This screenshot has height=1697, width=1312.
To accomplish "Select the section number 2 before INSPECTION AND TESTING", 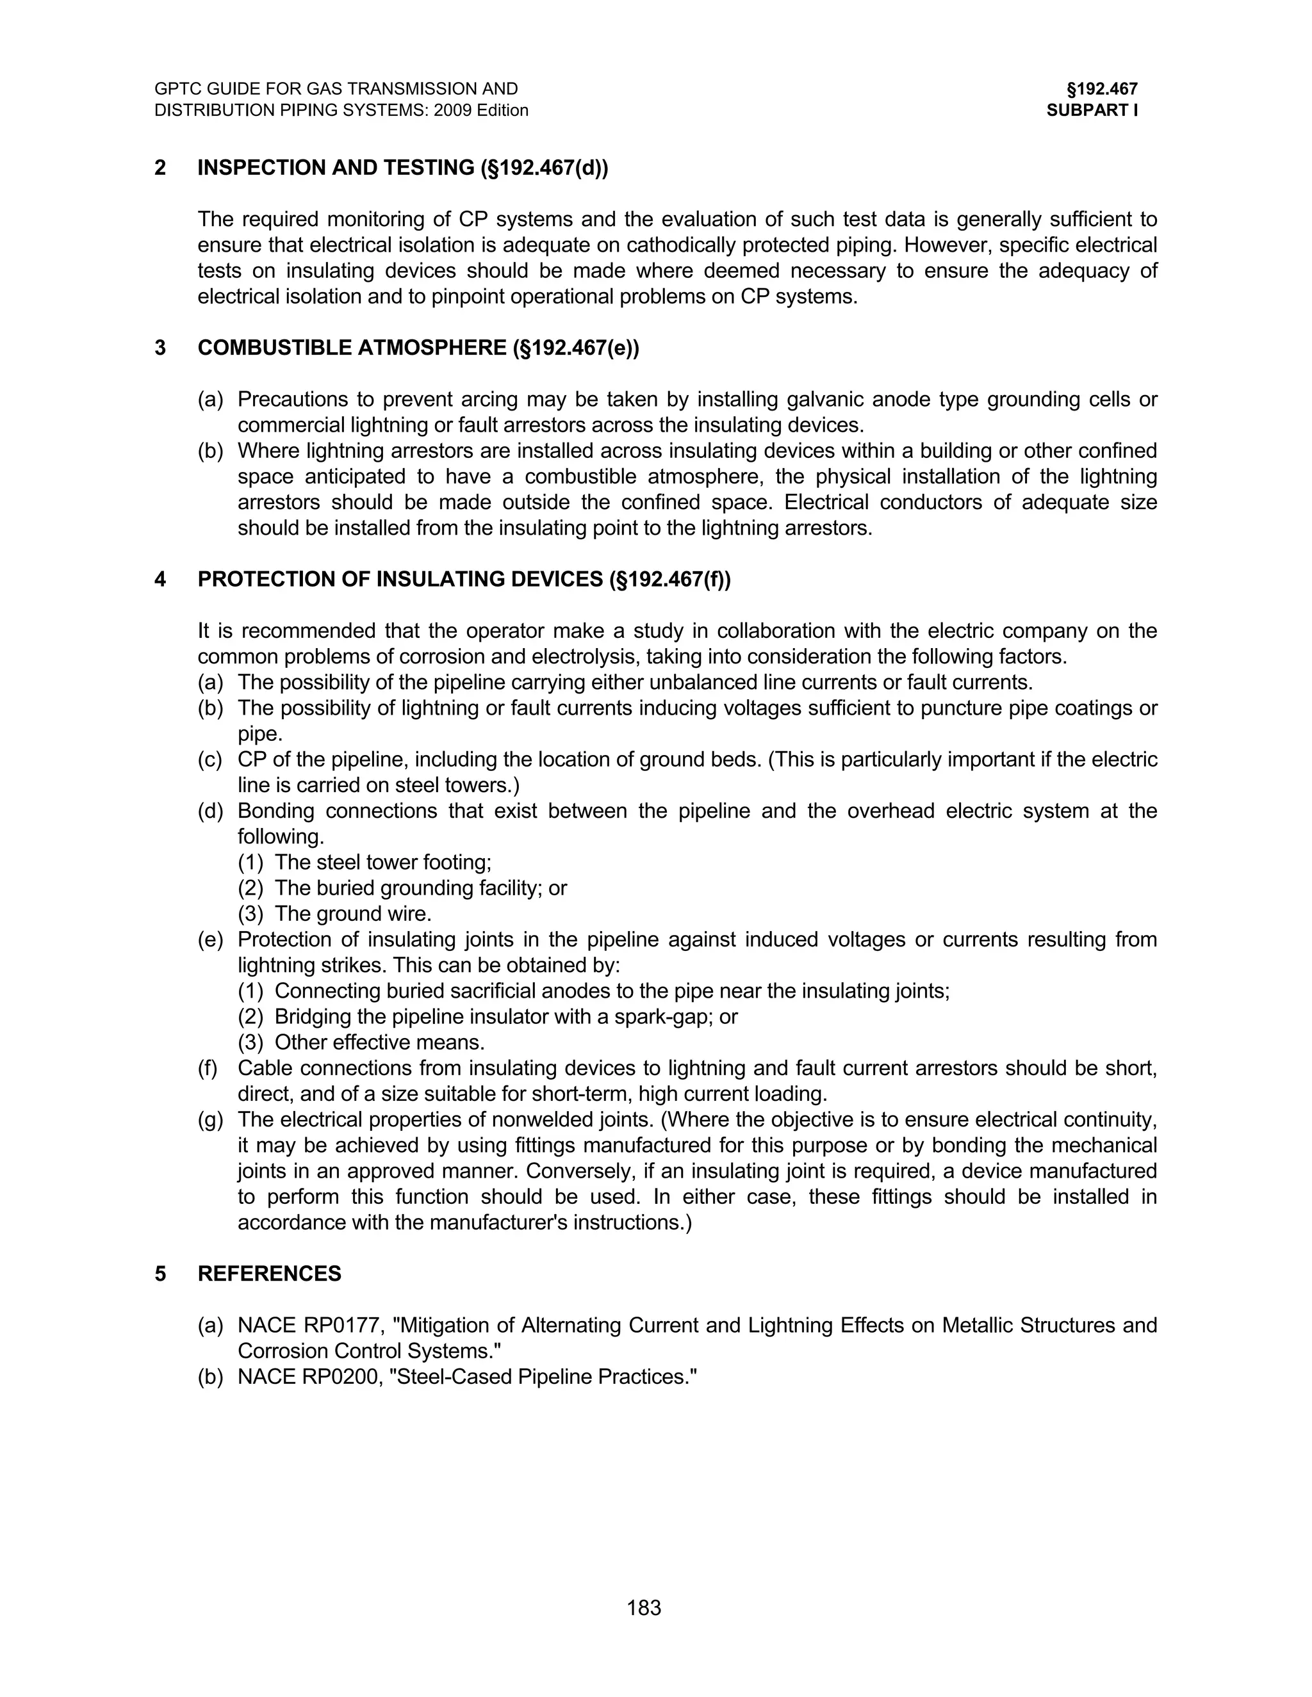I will (160, 168).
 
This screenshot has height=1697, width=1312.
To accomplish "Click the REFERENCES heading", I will (269, 1274).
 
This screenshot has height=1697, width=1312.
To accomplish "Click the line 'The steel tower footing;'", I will (382, 863).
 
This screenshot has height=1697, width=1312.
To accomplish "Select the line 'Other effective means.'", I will (379, 1043).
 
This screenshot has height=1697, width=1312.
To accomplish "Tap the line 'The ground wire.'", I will (353, 914).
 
